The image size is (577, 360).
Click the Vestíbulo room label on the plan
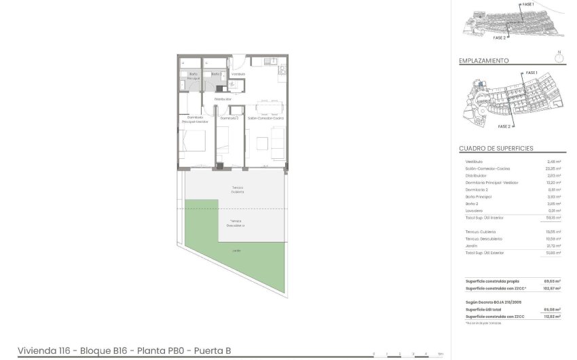(x=238, y=73)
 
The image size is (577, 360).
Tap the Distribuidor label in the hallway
(x=223, y=99)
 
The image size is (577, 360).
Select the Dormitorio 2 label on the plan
(x=229, y=118)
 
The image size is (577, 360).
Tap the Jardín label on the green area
(x=236, y=251)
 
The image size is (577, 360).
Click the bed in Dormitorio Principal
(x=194, y=143)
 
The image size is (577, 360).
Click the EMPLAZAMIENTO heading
(x=484, y=60)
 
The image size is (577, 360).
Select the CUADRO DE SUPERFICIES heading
(x=496, y=148)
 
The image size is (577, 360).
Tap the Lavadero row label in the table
(x=474, y=211)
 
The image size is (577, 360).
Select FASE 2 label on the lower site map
(x=504, y=126)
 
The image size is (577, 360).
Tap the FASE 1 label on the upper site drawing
(x=527, y=4)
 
